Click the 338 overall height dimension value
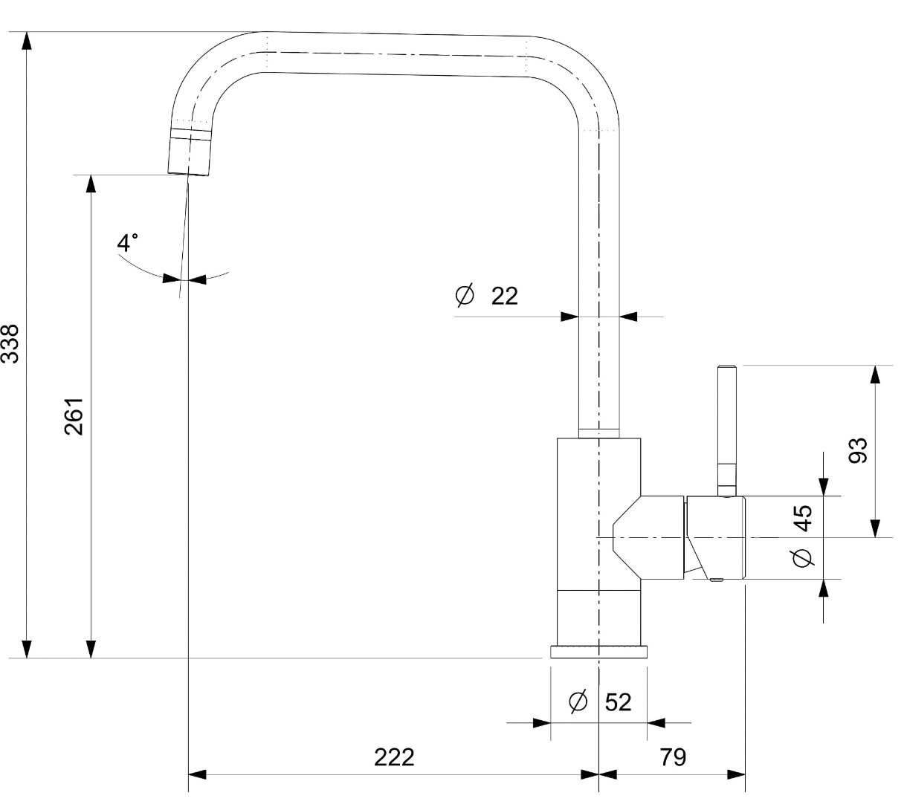pyautogui.click(x=10, y=343)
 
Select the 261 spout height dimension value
pyautogui.click(x=74, y=416)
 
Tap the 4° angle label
pyautogui.click(x=128, y=242)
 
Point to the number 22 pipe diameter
pyautogui.click(x=505, y=296)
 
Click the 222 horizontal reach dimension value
pyautogui.click(x=394, y=757)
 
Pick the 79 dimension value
pyautogui.click(x=673, y=756)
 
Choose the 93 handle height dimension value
pyautogui.click(x=858, y=450)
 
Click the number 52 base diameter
pyautogui.click(x=619, y=702)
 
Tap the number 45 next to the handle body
pyautogui.click(x=802, y=518)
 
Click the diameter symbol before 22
pyautogui.click(x=465, y=295)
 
